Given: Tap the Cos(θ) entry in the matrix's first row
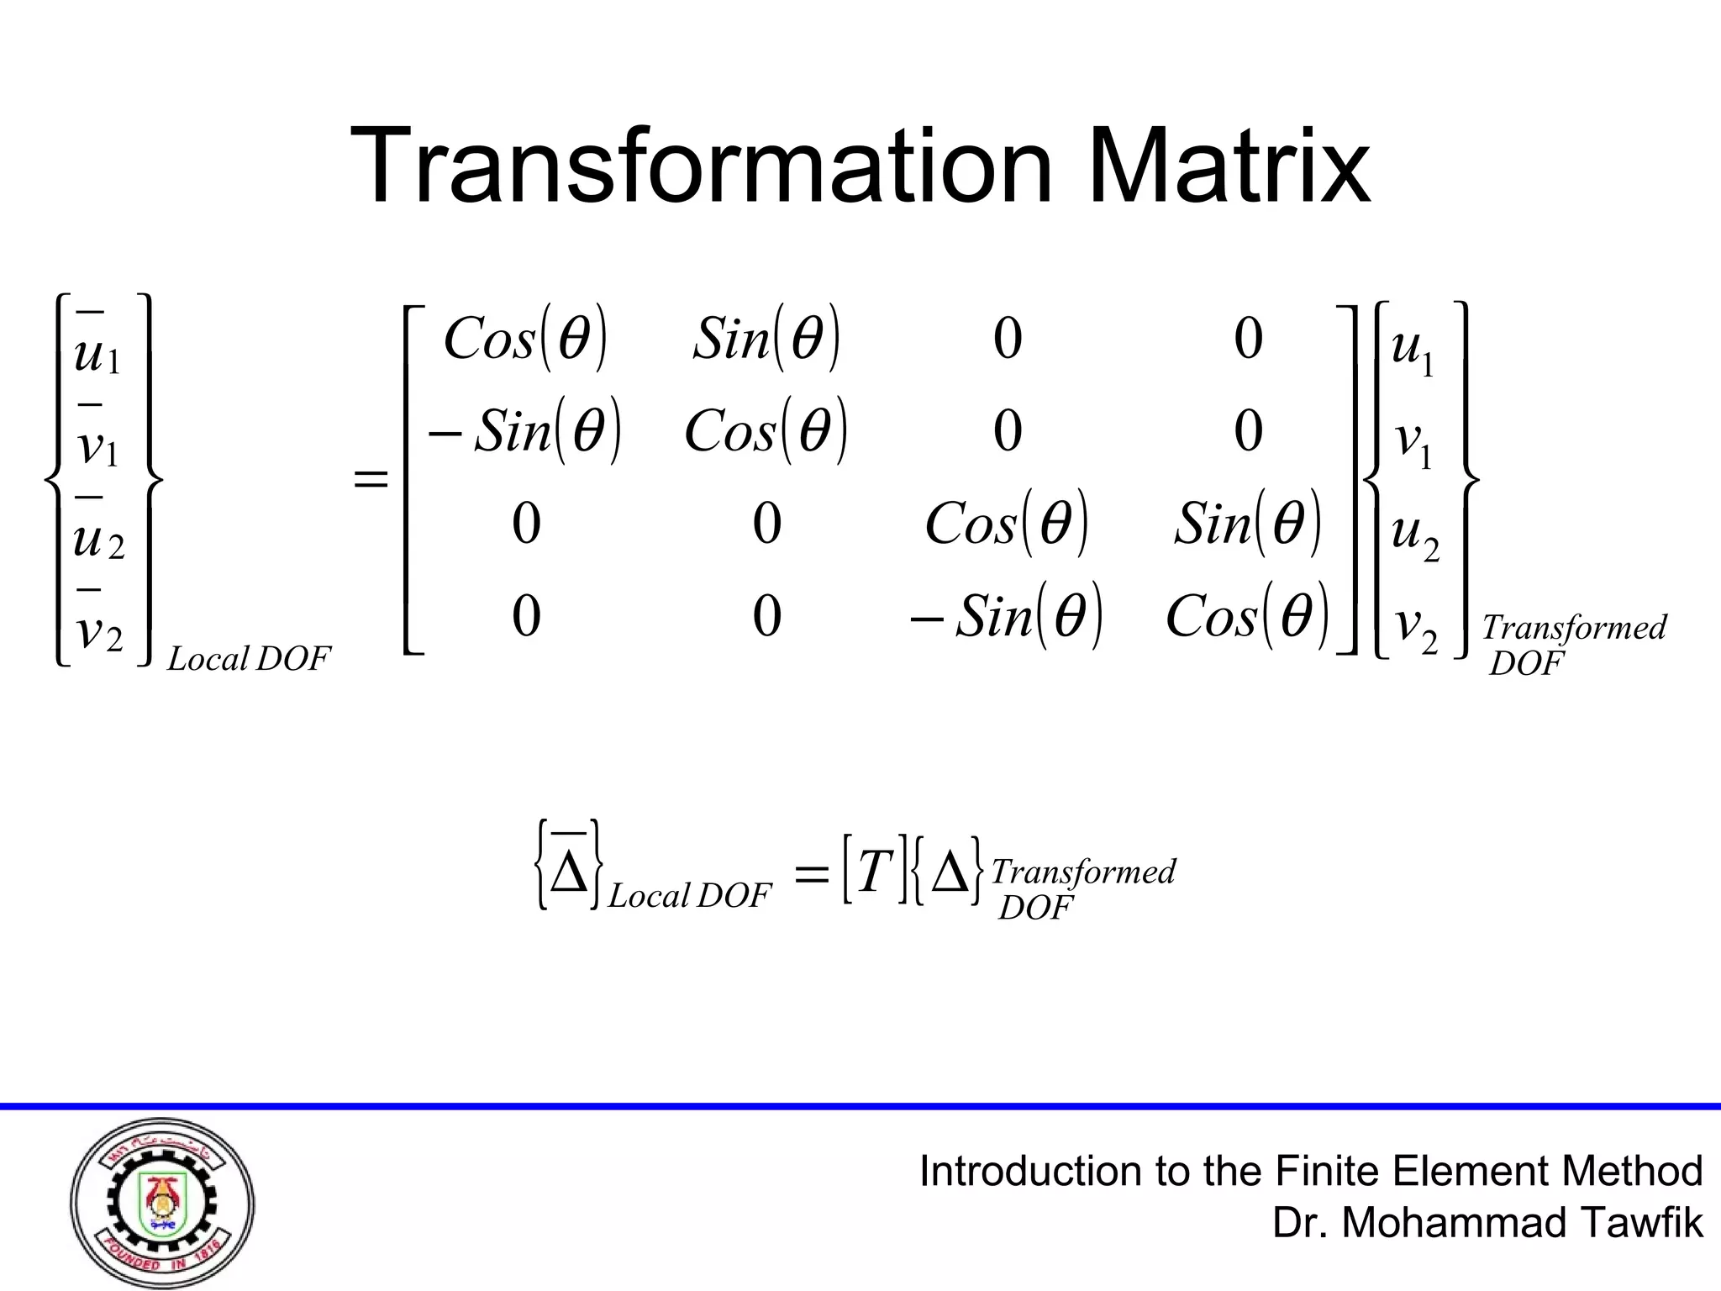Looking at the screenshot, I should tap(524, 340).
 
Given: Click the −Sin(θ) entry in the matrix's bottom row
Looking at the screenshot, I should tap(1006, 616).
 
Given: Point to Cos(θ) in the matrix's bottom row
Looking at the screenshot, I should tap(1247, 616).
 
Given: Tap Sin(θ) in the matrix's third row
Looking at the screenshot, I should tap(1247, 524).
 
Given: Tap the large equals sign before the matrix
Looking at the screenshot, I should tap(371, 481).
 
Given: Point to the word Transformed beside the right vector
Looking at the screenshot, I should tap(1573, 628).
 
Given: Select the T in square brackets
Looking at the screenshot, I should tap(875, 871).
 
